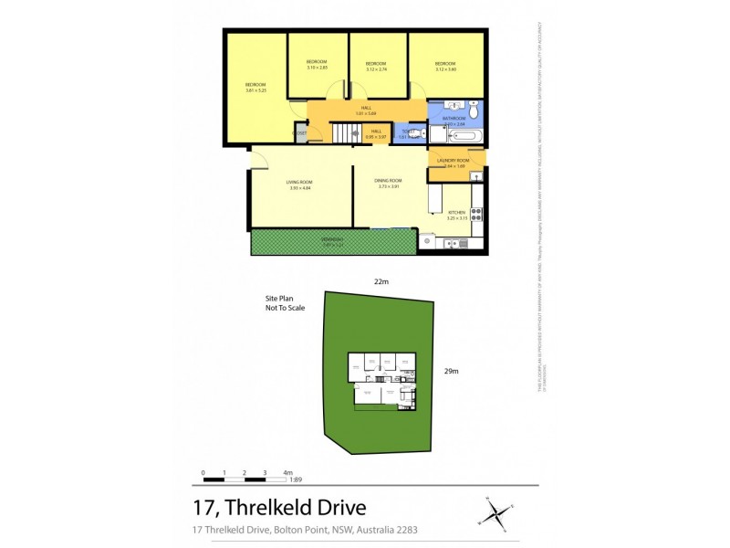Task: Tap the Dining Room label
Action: point(388,181)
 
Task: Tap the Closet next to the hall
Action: point(299,133)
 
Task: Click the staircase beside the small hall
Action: point(347,133)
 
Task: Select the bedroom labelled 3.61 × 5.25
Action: point(255,90)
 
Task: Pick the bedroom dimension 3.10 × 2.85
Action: point(317,68)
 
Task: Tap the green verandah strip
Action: point(332,242)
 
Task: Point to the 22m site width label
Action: point(382,281)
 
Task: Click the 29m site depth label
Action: point(450,371)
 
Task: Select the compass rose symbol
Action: point(497,511)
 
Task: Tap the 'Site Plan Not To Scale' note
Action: point(285,303)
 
